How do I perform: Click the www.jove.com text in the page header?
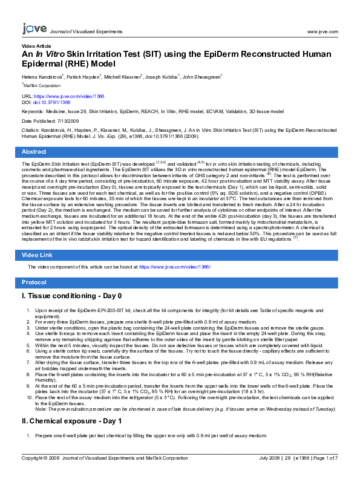322,30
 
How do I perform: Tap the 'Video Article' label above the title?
36,46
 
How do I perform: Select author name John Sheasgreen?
202,77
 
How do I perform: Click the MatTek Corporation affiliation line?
42,86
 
